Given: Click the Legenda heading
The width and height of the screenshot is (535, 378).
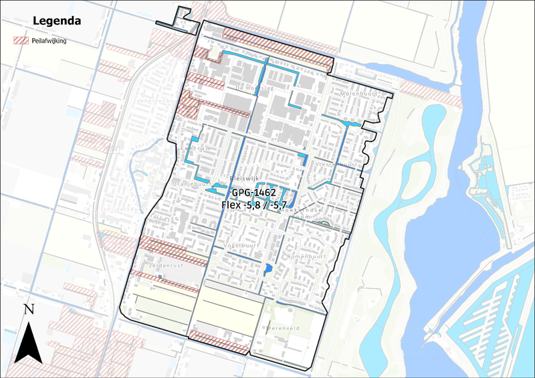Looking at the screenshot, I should coord(57,21).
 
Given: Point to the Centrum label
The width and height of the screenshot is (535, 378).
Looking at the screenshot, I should coord(195,149).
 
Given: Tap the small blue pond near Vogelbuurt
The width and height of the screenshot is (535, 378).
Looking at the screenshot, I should coord(268,268).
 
